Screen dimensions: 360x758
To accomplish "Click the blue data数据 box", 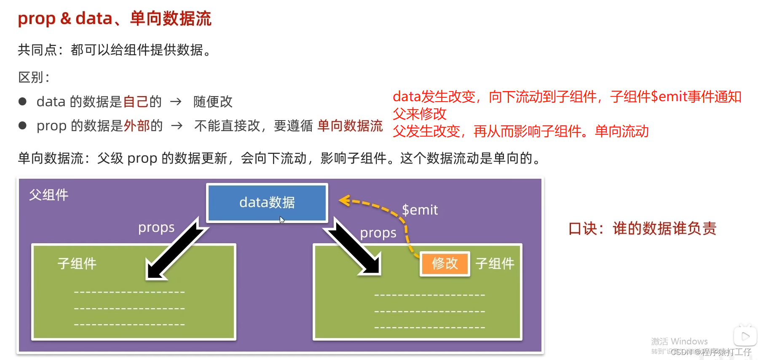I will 267,202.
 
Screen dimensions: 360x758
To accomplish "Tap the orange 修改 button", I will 445,263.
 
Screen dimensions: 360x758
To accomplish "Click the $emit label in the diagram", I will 420,210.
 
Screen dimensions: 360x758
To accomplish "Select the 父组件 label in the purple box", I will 48,195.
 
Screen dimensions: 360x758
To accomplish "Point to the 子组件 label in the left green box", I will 77,263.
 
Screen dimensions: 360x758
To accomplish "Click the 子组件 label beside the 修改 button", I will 495,263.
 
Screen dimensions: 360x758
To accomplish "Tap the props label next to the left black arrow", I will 156,228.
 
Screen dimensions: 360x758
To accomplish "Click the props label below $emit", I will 378,233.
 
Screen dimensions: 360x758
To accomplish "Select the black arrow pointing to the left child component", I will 175,249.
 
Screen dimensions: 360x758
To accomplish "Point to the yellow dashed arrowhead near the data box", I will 345,201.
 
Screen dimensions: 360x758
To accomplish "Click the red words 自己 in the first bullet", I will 136,102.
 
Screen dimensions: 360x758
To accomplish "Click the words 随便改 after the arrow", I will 213,102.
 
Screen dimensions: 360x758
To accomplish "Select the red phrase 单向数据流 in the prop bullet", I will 350,126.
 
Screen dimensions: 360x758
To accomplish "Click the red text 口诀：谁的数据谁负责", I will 642,228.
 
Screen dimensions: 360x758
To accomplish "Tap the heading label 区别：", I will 34,77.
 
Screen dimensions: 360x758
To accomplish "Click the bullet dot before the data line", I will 23,102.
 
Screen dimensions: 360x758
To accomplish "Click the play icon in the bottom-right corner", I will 745,336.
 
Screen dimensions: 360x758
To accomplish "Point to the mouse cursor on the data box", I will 282,220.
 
